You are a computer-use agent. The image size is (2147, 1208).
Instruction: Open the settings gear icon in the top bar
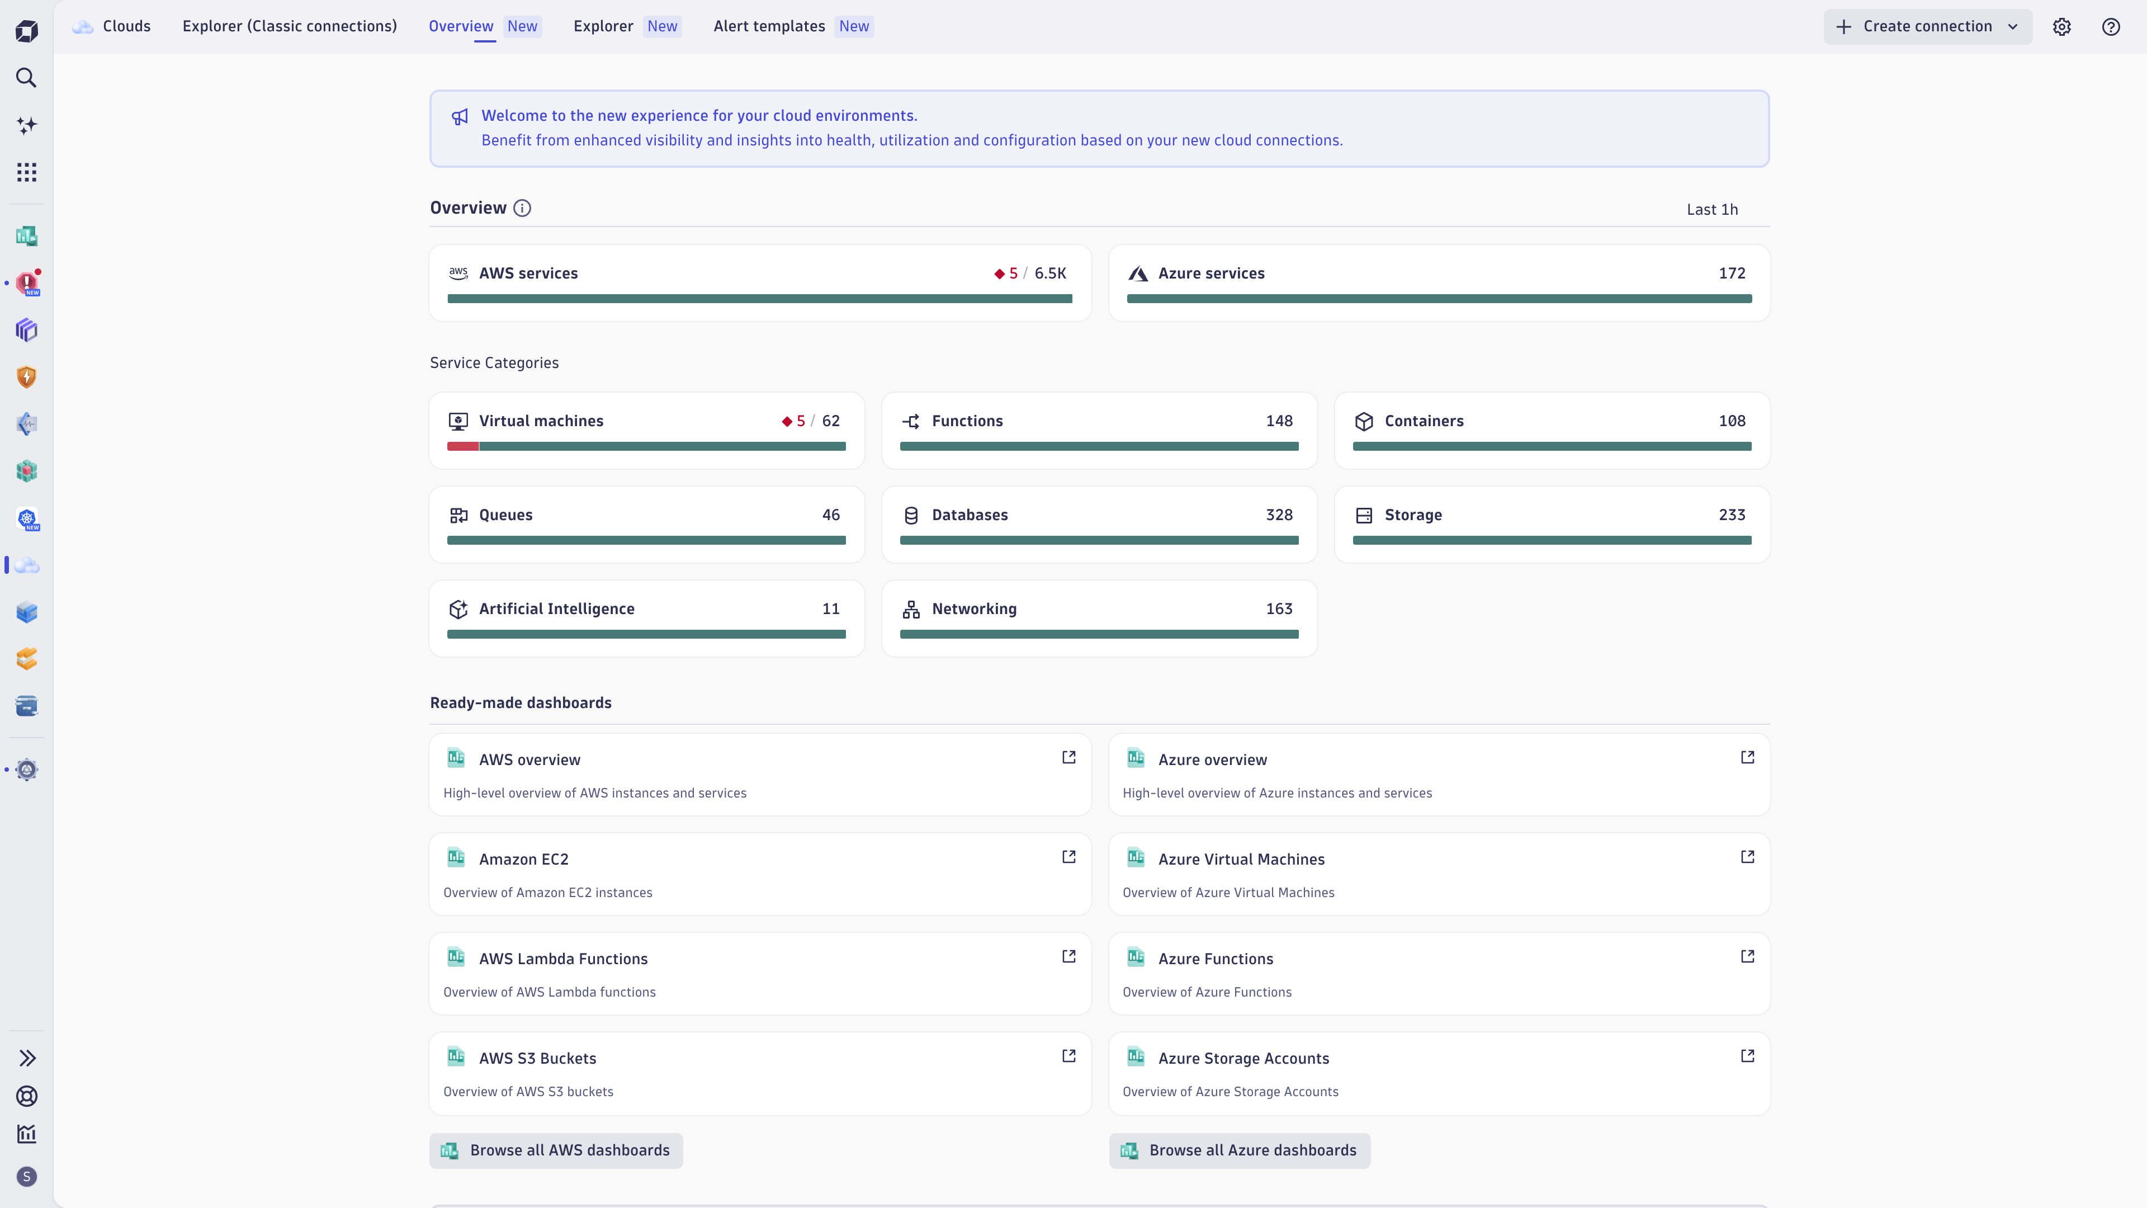click(2061, 27)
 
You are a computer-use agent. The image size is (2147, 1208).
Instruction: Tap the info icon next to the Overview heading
click(522, 209)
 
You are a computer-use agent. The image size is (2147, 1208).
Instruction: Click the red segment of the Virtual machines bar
click(462, 447)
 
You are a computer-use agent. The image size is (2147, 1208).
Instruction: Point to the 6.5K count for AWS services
click(1050, 273)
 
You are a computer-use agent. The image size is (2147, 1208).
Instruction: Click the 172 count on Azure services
click(1731, 273)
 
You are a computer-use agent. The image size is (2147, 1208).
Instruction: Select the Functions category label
click(967, 421)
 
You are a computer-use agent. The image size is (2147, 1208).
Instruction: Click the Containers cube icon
click(1364, 422)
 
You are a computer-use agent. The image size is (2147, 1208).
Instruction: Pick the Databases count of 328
click(1279, 515)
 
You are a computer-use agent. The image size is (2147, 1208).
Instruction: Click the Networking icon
click(911, 610)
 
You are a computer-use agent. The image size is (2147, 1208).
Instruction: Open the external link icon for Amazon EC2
click(1068, 857)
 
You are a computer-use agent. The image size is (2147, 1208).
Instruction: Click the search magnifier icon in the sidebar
click(27, 78)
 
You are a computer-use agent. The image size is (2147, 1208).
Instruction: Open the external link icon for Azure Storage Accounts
click(1747, 1056)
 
